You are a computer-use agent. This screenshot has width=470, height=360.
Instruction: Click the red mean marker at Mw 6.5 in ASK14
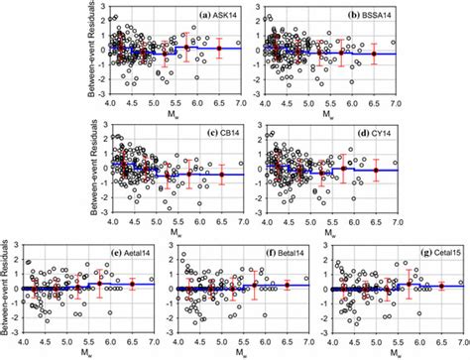[219, 48]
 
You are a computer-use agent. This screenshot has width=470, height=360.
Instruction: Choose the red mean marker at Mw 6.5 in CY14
[375, 171]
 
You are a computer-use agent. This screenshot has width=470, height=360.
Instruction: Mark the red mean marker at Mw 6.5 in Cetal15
[442, 286]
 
